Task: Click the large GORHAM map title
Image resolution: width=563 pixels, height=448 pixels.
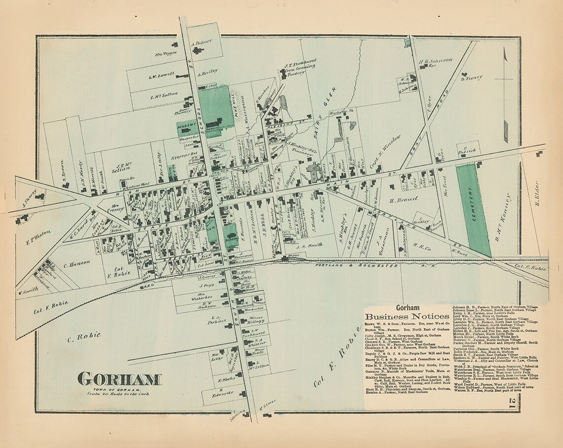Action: coord(119,380)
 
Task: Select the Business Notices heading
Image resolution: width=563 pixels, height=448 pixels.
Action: coord(407,316)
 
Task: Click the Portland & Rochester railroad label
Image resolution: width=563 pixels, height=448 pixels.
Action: coord(357,266)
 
